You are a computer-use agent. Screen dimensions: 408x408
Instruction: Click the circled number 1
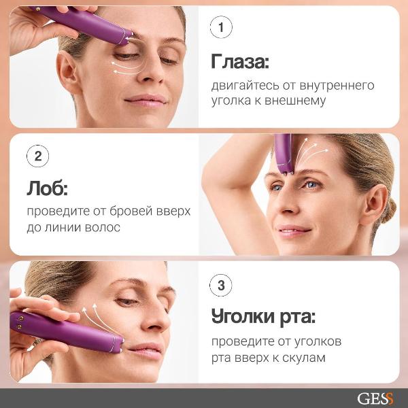click(221, 29)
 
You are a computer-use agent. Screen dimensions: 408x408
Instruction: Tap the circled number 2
click(37, 156)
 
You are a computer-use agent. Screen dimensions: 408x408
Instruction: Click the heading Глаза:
click(240, 63)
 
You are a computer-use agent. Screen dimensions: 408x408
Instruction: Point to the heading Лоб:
click(48, 187)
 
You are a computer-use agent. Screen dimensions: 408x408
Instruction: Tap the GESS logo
click(375, 398)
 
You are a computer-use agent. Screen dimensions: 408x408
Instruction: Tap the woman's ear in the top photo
click(67, 72)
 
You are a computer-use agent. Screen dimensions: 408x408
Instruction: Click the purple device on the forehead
click(283, 152)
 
